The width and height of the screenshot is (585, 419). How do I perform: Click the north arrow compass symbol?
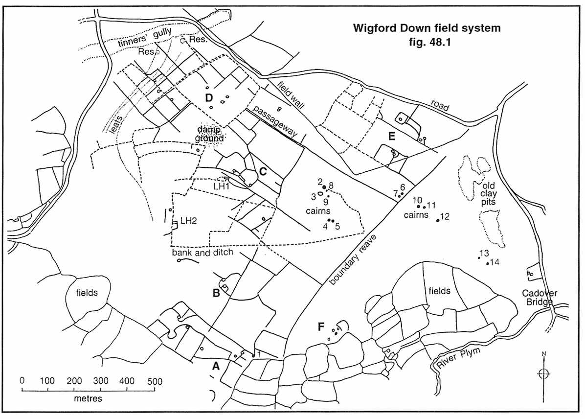point(543,373)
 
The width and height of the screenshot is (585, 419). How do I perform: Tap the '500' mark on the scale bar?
point(154,381)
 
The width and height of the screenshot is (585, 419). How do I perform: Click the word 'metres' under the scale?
point(88,398)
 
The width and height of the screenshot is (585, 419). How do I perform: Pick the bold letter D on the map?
point(209,98)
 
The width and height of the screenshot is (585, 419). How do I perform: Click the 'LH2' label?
point(189,221)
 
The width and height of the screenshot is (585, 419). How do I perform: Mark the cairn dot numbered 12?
point(437,221)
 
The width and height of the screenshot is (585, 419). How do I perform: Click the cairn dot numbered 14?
point(488,264)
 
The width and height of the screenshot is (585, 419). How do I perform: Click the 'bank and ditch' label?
point(202,253)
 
